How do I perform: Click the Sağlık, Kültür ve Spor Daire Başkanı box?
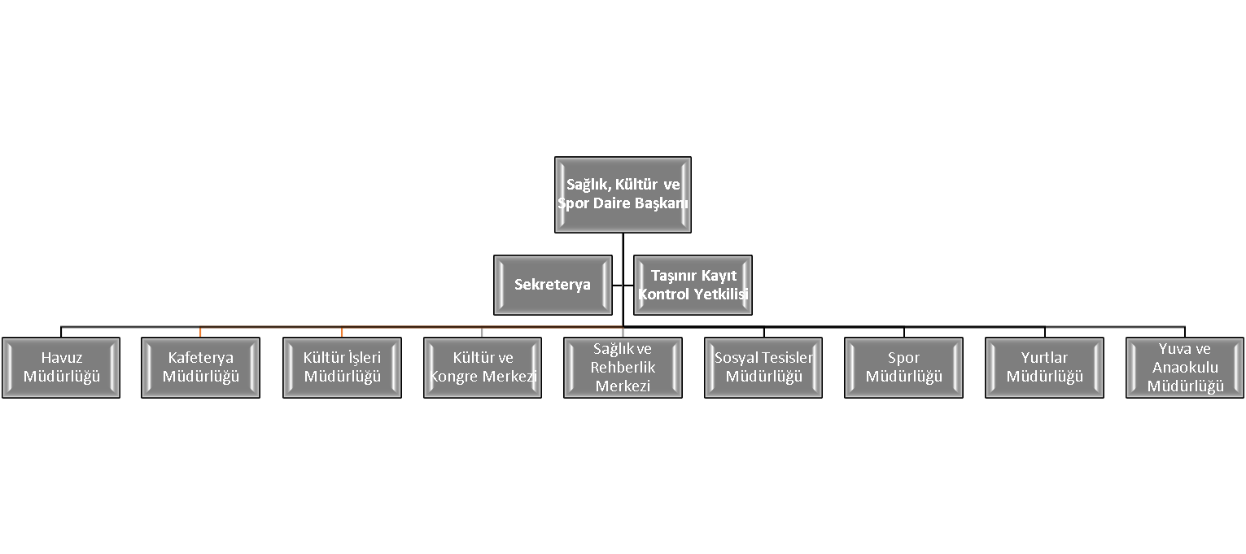tap(623, 194)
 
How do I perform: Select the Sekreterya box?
tap(553, 285)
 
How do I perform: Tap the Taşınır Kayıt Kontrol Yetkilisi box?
tap(693, 285)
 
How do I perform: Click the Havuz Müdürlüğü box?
tap(61, 367)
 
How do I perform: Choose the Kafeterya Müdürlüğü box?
tap(201, 367)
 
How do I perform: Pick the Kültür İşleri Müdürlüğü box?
tap(342, 367)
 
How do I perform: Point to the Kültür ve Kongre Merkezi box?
tap(483, 367)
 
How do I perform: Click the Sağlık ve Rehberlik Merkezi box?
tap(623, 367)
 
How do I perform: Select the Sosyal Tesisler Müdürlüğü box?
tap(763, 367)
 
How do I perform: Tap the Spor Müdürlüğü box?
tap(904, 367)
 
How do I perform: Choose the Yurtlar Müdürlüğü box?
tap(1045, 367)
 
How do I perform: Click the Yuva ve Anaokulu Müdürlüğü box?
tap(1185, 367)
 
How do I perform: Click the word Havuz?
tap(62, 358)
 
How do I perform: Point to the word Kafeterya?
tap(201, 358)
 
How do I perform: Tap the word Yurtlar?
tap(1044, 358)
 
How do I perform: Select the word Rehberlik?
tap(623, 367)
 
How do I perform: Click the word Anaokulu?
tap(1185, 367)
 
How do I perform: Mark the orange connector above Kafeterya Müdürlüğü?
tap(200, 332)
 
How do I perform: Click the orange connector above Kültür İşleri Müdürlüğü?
tap(342, 332)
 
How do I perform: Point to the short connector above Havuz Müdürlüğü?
tap(61, 332)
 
